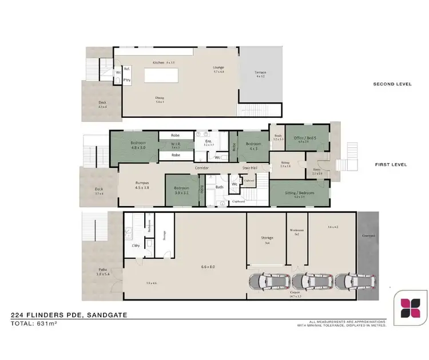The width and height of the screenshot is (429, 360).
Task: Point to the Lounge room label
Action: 219,68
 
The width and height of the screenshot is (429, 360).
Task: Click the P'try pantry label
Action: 127,81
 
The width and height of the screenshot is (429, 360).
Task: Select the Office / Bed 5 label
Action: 305,139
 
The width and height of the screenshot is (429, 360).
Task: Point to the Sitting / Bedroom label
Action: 299,193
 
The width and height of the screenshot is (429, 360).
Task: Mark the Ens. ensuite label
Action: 208,143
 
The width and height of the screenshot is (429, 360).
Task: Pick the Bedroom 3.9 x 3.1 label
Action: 181,190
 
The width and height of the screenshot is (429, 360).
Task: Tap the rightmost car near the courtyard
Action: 354,281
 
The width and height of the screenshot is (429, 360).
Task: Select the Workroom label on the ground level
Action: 296,231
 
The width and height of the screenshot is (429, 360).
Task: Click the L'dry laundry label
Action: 136,246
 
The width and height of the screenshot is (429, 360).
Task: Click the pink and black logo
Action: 410,303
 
